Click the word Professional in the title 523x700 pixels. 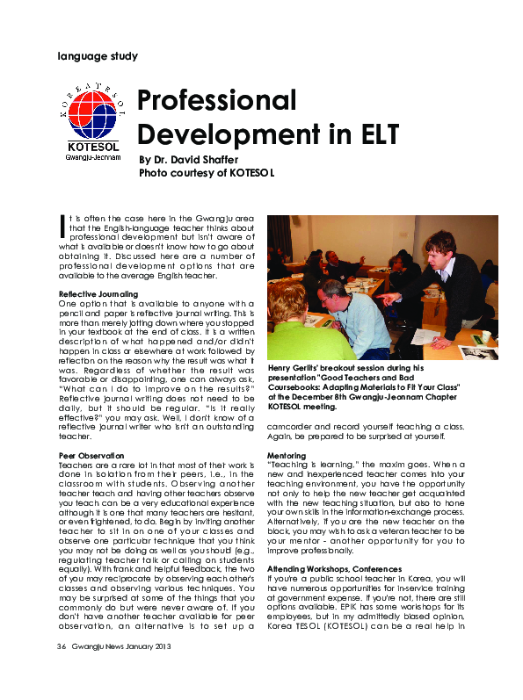[217, 100]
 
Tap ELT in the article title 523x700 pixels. [371, 134]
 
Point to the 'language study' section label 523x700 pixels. [97, 56]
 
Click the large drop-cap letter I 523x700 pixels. [62, 226]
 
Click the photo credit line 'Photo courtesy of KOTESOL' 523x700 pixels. [207, 173]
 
